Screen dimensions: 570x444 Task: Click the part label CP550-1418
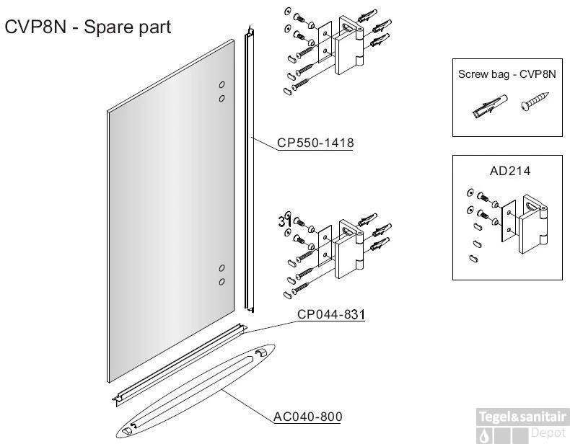(315, 143)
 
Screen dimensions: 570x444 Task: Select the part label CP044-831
(330, 314)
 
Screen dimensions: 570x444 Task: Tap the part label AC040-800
(307, 417)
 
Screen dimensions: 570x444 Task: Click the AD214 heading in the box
(509, 171)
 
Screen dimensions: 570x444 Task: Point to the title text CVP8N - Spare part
(87, 27)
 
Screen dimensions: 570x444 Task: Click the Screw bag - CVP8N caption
(507, 74)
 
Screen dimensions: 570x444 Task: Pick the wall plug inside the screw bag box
(489, 106)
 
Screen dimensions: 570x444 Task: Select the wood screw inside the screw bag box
(535, 101)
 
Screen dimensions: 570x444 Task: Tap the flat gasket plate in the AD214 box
(509, 221)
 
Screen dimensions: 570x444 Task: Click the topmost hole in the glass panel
(222, 85)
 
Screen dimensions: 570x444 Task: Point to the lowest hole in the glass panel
(222, 281)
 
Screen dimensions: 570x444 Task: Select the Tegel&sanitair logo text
(522, 417)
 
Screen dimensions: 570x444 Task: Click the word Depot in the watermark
(548, 432)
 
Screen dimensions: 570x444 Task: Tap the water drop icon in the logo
(485, 435)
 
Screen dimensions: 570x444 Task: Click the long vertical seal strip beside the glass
(249, 169)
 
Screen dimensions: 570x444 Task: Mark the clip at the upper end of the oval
(261, 353)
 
